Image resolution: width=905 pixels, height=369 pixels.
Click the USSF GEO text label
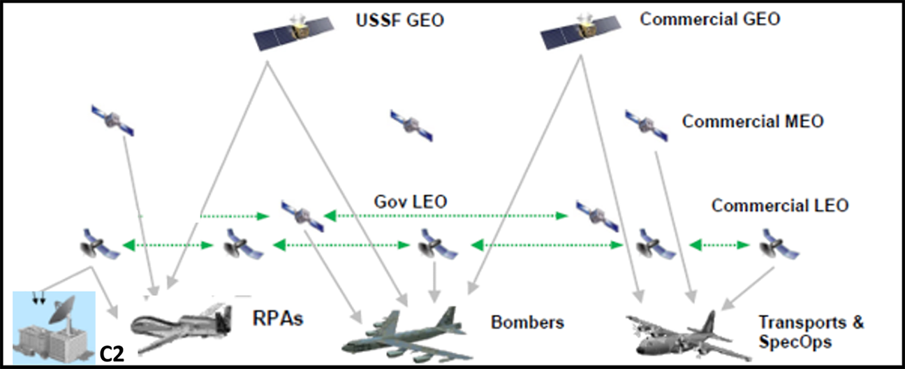click(x=399, y=20)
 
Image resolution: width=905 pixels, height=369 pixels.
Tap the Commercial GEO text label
click(x=709, y=19)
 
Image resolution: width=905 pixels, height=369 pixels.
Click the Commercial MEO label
click(x=752, y=122)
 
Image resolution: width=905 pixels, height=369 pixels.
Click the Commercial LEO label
click(x=779, y=205)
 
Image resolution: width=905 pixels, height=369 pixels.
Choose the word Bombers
click(x=527, y=322)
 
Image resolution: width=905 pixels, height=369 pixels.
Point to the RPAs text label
click(x=277, y=318)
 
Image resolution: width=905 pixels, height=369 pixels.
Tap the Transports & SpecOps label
click(x=810, y=333)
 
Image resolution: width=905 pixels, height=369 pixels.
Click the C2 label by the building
click(x=112, y=354)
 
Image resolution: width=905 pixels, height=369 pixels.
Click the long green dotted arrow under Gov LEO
click(x=446, y=216)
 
